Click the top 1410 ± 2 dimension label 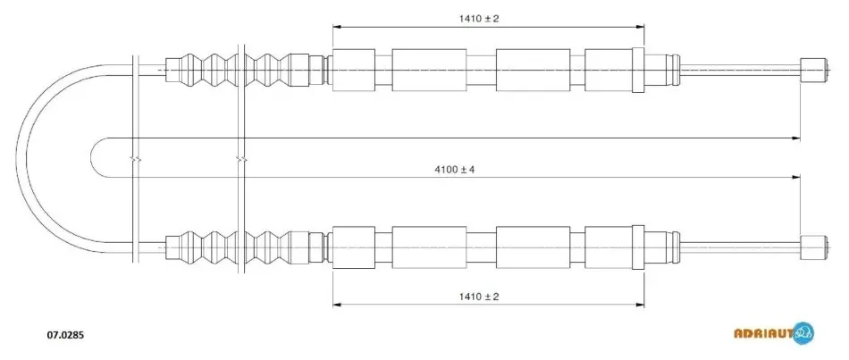coord(479,19)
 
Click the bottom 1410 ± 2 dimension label coord(479,296)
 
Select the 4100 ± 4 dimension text coord(454,170)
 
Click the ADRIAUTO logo coord(774,332)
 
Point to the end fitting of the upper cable coord(813,70)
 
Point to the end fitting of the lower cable coord(813,248)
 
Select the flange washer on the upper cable coord(638,70)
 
